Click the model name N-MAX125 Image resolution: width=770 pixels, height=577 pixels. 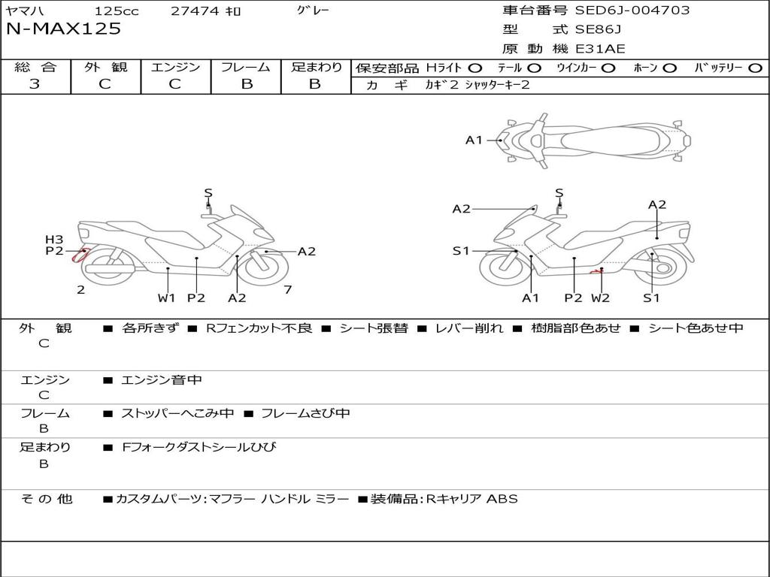click(x=63, y=29)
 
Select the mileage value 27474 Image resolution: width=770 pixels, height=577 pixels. click(x=195, y=11)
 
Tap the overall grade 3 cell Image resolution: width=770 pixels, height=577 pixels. click(x=35, y=84)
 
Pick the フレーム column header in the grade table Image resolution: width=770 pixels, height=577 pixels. click(x=246, y=68)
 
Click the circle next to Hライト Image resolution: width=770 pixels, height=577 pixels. click(x=475, y=68)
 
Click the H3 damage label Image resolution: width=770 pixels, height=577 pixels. click(x=54, y=240)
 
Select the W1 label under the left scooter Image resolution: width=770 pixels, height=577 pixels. click(x=166, y=298)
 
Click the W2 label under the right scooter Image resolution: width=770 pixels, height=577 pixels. click(x=600, y=298)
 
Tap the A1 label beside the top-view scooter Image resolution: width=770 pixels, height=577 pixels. click(x=474, y=140)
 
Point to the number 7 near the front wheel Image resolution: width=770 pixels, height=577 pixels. click(x=287, y=290)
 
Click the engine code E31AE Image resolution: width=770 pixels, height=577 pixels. click(x=601, y=49)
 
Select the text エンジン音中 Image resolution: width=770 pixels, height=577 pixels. click(x=162, y=380)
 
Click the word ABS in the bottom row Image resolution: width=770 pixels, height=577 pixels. click(x=502, y=498)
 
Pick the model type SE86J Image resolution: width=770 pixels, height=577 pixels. click(x=599, y=30)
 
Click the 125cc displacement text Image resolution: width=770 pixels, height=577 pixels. click(x=117, y=11)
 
